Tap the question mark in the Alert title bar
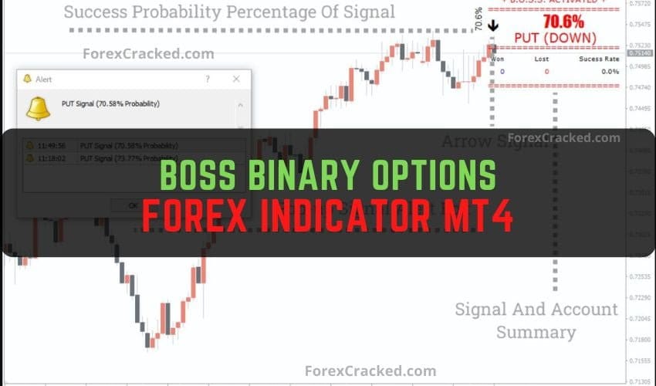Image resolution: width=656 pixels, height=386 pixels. [x=207, y=79]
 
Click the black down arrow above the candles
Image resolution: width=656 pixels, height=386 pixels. [x=494, y=25]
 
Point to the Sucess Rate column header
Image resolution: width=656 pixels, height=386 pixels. [x=600, y=59]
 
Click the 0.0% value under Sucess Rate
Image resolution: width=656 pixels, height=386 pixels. [x=610, y=72]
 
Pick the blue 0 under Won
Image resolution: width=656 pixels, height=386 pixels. [x=502, y=72]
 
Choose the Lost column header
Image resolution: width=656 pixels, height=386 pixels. [x=541, y=59]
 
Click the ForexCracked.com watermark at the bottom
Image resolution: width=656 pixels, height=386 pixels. [x=370, y=371]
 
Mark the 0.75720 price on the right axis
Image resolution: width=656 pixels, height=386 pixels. [x=639, y=4]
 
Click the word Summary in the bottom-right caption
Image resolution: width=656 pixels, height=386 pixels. [x=536, y=333]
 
